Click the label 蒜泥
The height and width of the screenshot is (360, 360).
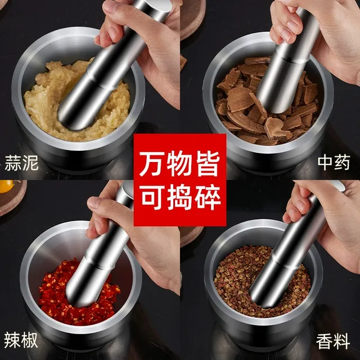[21, 163]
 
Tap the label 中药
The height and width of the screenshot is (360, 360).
[334, 163]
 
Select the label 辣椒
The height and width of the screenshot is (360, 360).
[21, 340]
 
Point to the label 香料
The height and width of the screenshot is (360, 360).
[333, 341]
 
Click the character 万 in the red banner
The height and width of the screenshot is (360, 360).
[151, 164]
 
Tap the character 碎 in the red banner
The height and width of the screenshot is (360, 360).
[208, 197]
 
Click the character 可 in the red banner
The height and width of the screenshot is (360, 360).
[152, 197]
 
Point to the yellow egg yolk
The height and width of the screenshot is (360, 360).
[6, 186]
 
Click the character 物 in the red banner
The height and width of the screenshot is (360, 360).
[179, 164]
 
